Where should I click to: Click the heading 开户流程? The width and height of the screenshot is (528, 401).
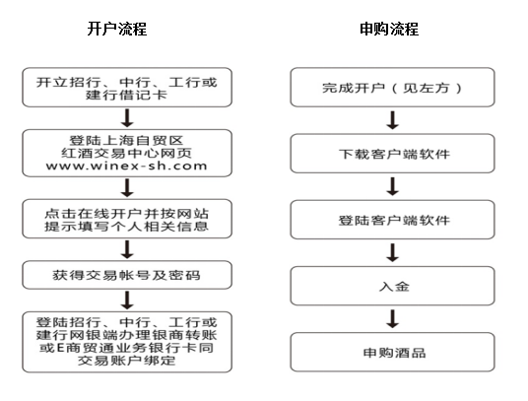click(x=117, y=29)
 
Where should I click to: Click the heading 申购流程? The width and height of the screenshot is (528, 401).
click(x=389, y=29)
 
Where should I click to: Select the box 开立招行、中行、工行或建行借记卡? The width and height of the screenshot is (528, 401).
click(x=127, y=88)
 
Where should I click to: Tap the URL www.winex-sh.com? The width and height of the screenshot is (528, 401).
click(x=127, y=166)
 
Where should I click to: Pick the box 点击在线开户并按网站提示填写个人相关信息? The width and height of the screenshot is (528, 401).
click(x=127, y=219)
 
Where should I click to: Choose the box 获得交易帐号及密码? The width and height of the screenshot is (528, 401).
click(x=127, y=275)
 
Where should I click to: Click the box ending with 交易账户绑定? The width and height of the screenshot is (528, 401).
click(x=127, y=342)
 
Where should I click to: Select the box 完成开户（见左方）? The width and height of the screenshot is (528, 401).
click(x=392, y=88)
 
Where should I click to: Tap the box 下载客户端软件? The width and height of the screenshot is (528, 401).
click(x=392, y=154)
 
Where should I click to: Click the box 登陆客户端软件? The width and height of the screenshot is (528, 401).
click(x=392, y=220)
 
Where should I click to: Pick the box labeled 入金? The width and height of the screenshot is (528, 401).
click(x=392, y=286)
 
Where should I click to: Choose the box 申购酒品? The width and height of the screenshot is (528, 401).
click(x=392, y=352)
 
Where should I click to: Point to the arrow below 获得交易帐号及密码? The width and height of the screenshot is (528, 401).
click(x=127, y=301)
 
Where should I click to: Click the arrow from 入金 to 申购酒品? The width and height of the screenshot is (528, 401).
click(x=393, y=319)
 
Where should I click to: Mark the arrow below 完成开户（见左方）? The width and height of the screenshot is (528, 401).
click(x=393, y=120)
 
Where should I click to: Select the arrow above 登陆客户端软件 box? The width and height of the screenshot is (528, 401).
click(x=393, y=187)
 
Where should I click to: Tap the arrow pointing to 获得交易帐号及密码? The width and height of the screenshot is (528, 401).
click(x=127, y=249)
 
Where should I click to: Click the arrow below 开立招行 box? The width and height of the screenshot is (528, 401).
click(x=127, y=118)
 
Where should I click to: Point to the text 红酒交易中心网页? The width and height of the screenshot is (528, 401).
click(x=127, y=154)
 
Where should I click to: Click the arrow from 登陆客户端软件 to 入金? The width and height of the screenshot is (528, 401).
click(x=393, y=253)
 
